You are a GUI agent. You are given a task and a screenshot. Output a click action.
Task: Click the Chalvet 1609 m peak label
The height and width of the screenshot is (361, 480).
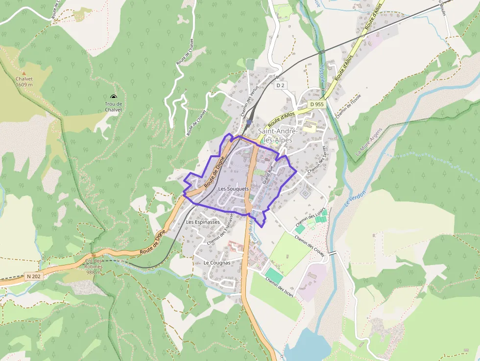pyautogui.click(x=24, y=81)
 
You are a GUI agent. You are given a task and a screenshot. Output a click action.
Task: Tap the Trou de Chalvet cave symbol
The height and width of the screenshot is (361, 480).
pyautogui.click(x=114, y=97)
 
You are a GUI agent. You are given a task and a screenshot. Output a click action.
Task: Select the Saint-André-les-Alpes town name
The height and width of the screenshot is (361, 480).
pyautogui.click(x=275, y=136)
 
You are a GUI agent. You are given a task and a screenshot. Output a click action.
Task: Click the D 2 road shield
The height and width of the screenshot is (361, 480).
pyautogui.click(x=280, y=85)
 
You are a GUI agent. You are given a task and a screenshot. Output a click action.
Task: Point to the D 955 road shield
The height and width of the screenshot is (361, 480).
pyautogui.click(x=317, y=104)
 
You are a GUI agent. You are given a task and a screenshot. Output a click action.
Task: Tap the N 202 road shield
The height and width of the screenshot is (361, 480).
pyautogui.click(x=34, y=277)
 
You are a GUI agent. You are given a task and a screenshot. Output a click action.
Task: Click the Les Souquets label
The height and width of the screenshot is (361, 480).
pyautogui.click(x=234, y=189)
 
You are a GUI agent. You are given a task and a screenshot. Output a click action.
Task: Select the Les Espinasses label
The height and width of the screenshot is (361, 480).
pyautogui.click(x=203, y=222)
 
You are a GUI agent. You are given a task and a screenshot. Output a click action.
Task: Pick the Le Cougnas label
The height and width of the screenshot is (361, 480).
pyautogui.click(x=216, y=263)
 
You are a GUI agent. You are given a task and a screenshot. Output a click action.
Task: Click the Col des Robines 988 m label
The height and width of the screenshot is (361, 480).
pyautogui.click(x=93, y=266)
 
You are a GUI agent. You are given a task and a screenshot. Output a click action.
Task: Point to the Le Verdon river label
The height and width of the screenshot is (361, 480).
pyautogui.click(x=355, y=198)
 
